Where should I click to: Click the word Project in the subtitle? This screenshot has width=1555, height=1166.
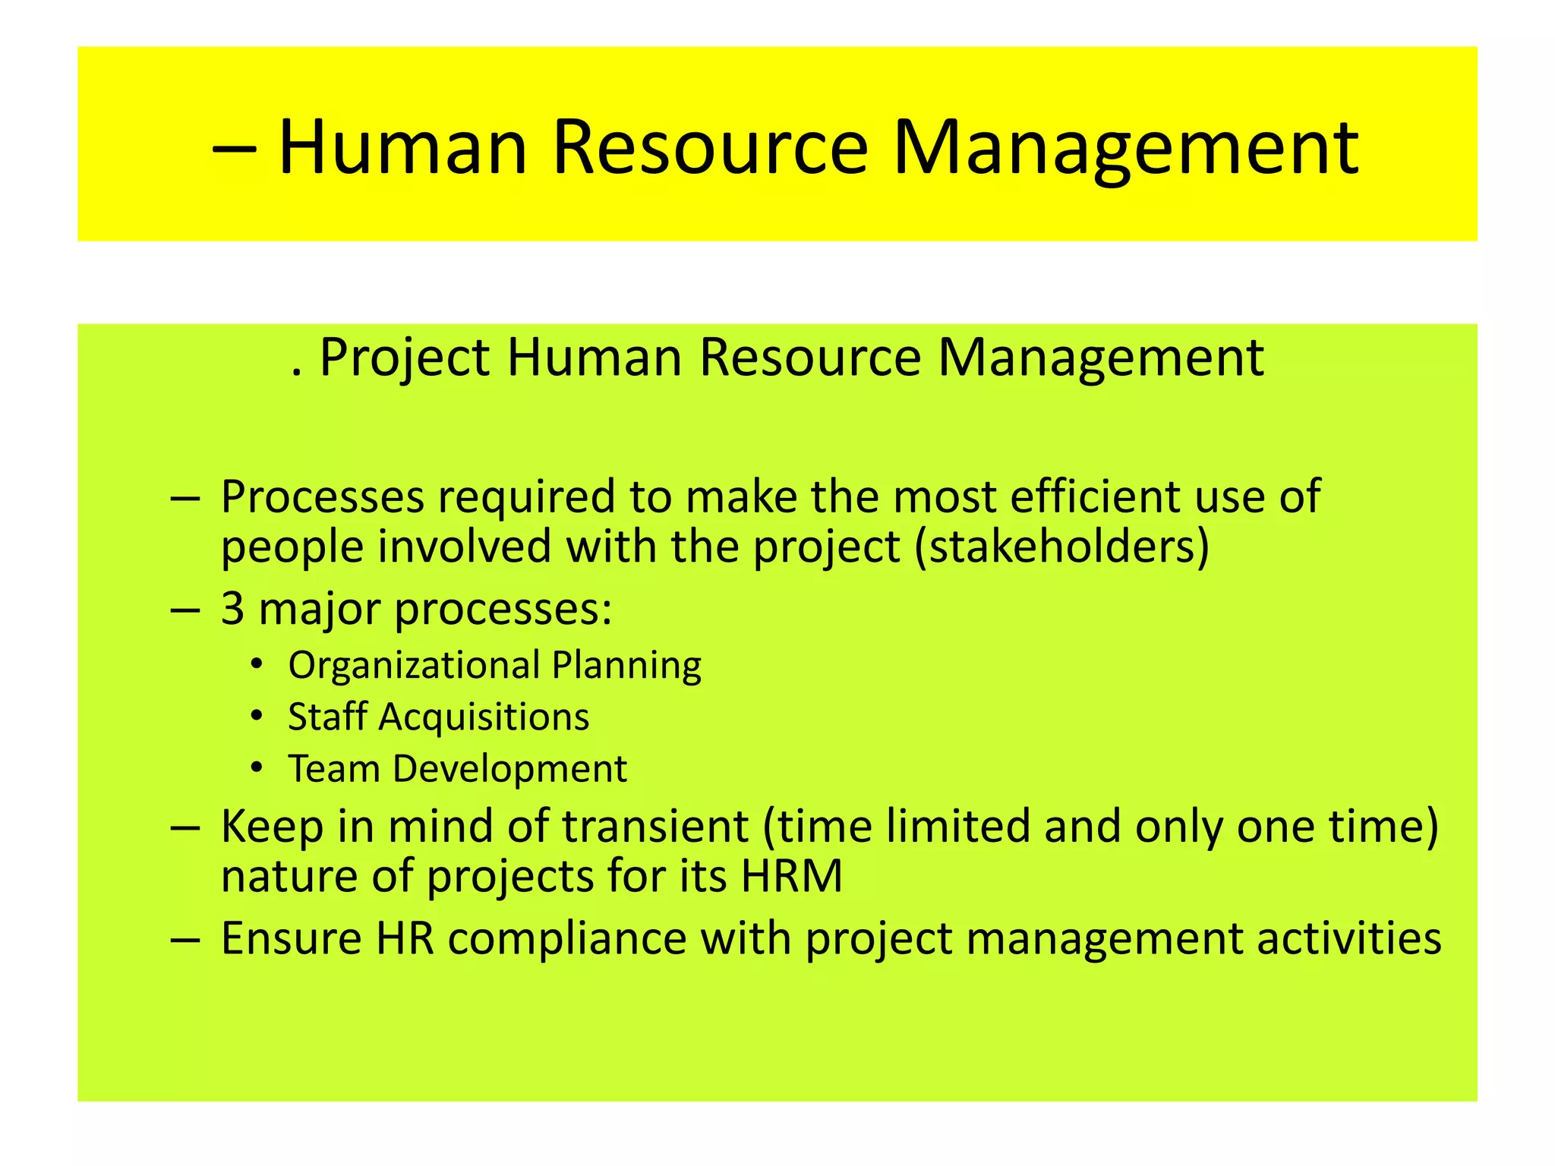pyautogui.click(x=404, y=357)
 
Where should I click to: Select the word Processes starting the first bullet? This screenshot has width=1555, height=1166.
pyautogui.click(x=323, y=497)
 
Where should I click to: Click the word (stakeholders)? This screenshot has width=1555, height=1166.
pyautogui.click(x=1061, y=547)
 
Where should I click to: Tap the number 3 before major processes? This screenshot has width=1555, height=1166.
pyautogui.click(x=232, y=608)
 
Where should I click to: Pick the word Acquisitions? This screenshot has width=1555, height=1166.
pyautogui.click(x=484, y=717)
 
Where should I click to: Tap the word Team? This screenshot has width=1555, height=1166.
pyautogui.click(x=333, y=768)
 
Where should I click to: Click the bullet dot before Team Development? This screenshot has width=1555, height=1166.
pyautogui.click(x=257, y=768)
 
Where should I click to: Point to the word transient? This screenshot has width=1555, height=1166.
pyautogui.click(x=655, y=826)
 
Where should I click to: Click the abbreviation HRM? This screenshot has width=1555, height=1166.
pyautogui.click(x=791, y=876)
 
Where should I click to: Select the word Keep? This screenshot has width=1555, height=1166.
pyautogui.click(x=271, y=827)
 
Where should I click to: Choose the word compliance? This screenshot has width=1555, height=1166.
pyautogui.click(x=567, y=939)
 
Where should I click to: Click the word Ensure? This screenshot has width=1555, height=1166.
pyautogui.click(x=291, y=938)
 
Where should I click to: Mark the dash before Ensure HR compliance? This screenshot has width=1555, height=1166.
pyautogui.click(x=185, y=940)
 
